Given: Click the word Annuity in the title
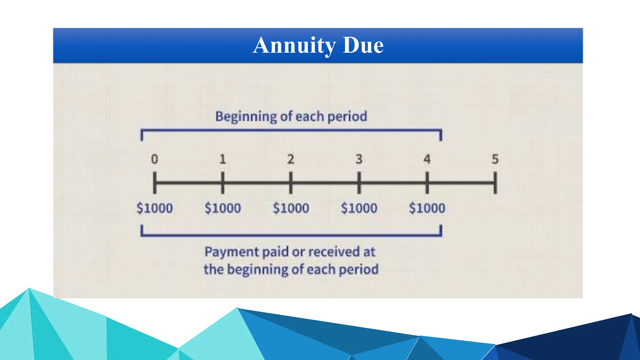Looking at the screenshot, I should pyautogui.click(x=294, y=46).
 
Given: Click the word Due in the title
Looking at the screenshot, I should pyautogui.click(x=363, y=46).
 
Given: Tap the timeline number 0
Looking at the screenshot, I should pyautogui.click(x=154, y=159).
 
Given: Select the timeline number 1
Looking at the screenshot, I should pyautogui.click(x=222, y=159).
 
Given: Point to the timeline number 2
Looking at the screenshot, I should pyautogui.click(x=291, y=159).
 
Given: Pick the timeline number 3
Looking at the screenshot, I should pyautogui.click(x=359, y=159).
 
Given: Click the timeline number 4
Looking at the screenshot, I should pyautogui.click(x=427, y=159).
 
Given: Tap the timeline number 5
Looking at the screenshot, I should pyautogui.click(x=495, y=159).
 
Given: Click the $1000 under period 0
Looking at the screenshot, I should pyautogui.click(x=154, y=208).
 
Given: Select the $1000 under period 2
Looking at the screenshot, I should pyautogui.click(x=291, y=208).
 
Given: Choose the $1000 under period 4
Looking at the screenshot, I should pyautogui.click(x=427, y=208).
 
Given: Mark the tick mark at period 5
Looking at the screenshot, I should pyautogui.click(x=495, y=183).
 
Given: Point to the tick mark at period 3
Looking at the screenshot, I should pyautogui.click(x=359, y=183).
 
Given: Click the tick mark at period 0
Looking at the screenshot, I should pyautogui.click(x=154, y=183).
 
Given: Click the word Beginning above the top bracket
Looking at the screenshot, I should pyautogui.click(x=246, y=117).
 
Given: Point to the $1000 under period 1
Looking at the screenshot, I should pyautogui.click(x=222, y=208).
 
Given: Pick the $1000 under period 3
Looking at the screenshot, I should pyautogui.click(x=359, y=208).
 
